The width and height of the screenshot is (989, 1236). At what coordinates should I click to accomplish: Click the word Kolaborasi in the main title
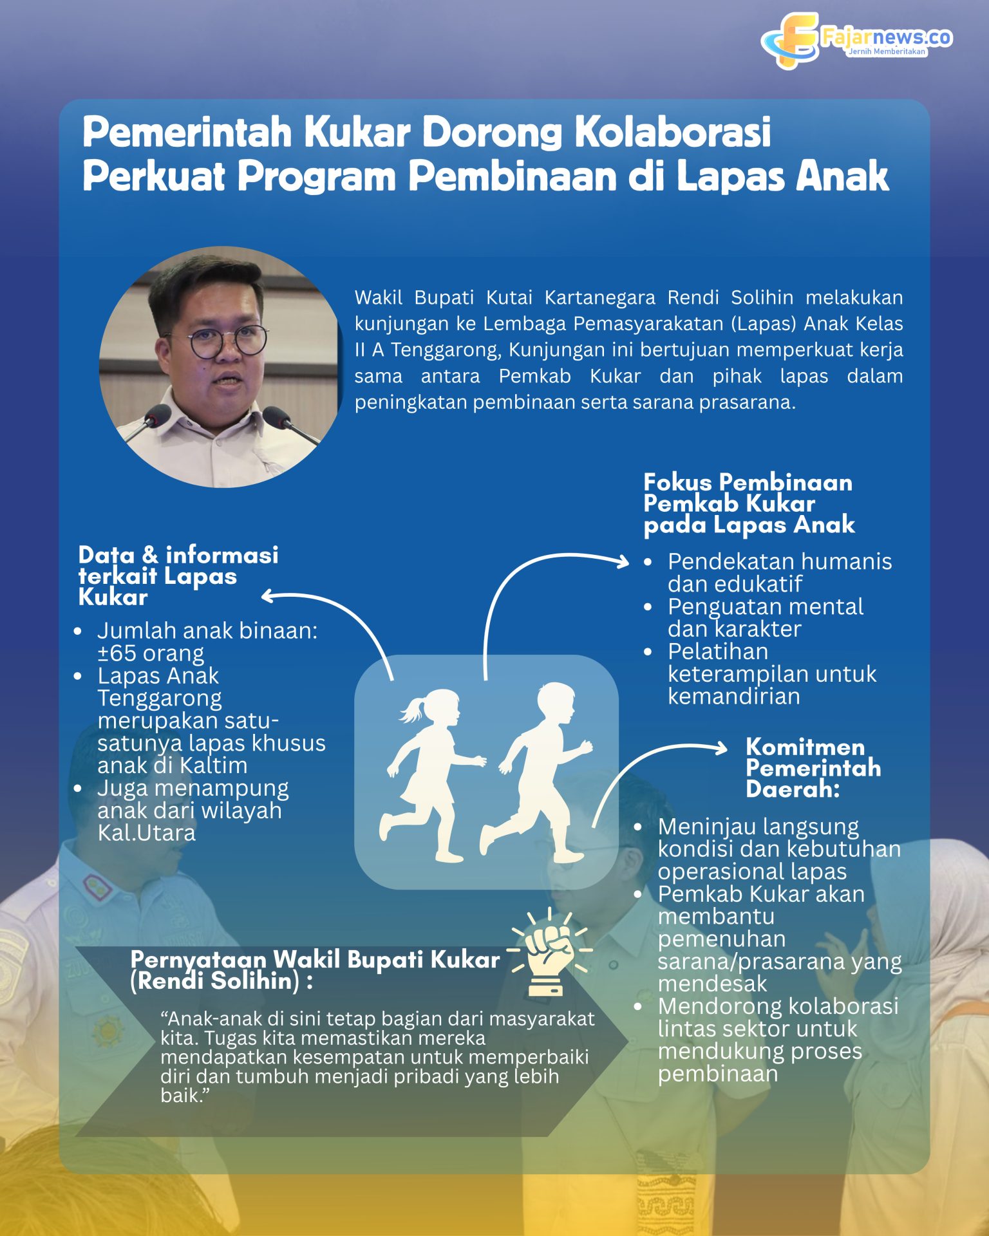[x=672, y=133]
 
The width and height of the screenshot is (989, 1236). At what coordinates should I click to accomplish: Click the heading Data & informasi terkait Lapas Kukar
[x=178, y=576]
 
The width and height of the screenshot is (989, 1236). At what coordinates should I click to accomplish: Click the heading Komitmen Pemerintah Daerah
[x=813, y=767]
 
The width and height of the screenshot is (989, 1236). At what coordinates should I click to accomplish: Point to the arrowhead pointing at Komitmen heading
[x=722, y=747]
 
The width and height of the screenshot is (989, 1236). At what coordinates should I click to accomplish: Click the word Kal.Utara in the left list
[x=146, y=832]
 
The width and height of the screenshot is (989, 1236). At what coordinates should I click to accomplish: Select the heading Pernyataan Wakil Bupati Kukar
[x=314, y=959]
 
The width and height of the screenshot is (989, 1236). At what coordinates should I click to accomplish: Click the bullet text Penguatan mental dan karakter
[x=765, y=617]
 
